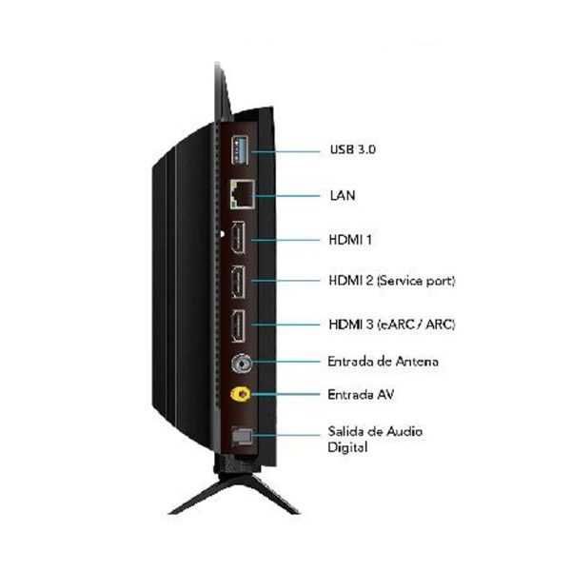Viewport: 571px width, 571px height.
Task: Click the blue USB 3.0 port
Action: (x=240, y=149)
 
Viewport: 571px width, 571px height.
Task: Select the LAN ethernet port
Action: (x=242, y=195)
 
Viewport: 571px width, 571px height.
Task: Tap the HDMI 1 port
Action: (x=238, y=238)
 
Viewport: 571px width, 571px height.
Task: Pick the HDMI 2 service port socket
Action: (x=238, y=282)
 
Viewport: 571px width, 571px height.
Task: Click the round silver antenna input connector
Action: (x=242, y=364)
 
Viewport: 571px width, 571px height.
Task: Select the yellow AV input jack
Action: (x=241, y=394)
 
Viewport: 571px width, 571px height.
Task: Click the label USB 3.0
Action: (x=352, y=149)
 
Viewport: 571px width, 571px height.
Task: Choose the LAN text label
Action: (x=343, y=195)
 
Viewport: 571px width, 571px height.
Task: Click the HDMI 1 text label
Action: (x=350, y=240)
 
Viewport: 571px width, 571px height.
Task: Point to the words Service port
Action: (x=416, y=281)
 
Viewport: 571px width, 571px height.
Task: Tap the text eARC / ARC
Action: (x=416, y=325)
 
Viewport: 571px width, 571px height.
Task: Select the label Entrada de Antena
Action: (x=383, y=362)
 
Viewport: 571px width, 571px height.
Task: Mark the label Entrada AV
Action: (x=361, y=394)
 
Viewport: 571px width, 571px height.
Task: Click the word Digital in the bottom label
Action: (x=347, y=447)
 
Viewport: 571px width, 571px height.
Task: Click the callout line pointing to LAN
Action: (x=287, y=196)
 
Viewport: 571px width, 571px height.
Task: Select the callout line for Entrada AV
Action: (x=285, y=394)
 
